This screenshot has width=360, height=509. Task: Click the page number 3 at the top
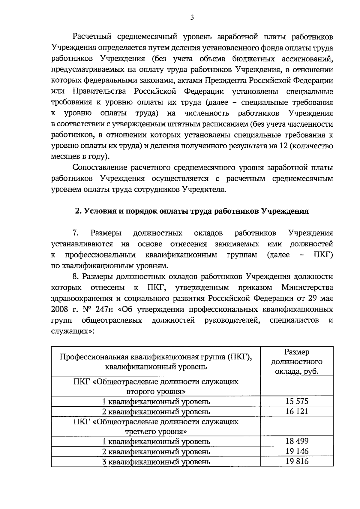click(x=192, y=18)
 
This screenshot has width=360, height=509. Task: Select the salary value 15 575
click(x=297, y=401)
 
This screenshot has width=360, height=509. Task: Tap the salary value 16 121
click(x=297, y=411)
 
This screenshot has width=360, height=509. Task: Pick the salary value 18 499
click(x=297, y=441)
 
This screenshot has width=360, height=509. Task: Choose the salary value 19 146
click(x=297, y=451)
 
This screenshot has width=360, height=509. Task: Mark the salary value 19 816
click(x=297, y=461)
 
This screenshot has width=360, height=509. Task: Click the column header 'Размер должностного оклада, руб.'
click(x=297, y=361)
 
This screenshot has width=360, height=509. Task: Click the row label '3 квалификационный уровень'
click(x=156, y=462)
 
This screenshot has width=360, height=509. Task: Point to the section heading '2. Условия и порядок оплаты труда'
click(x=192, y=211)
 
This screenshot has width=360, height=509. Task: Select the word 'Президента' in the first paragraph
click(x=229, y=80)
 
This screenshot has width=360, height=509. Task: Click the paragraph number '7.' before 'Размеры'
click(x=75, y=233)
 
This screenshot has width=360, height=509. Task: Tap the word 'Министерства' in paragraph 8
click(x=307, y=288)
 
